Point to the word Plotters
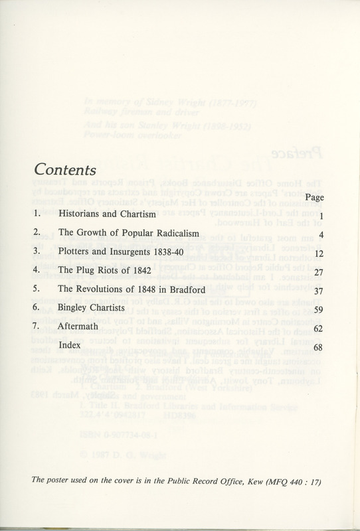coord(76,254)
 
